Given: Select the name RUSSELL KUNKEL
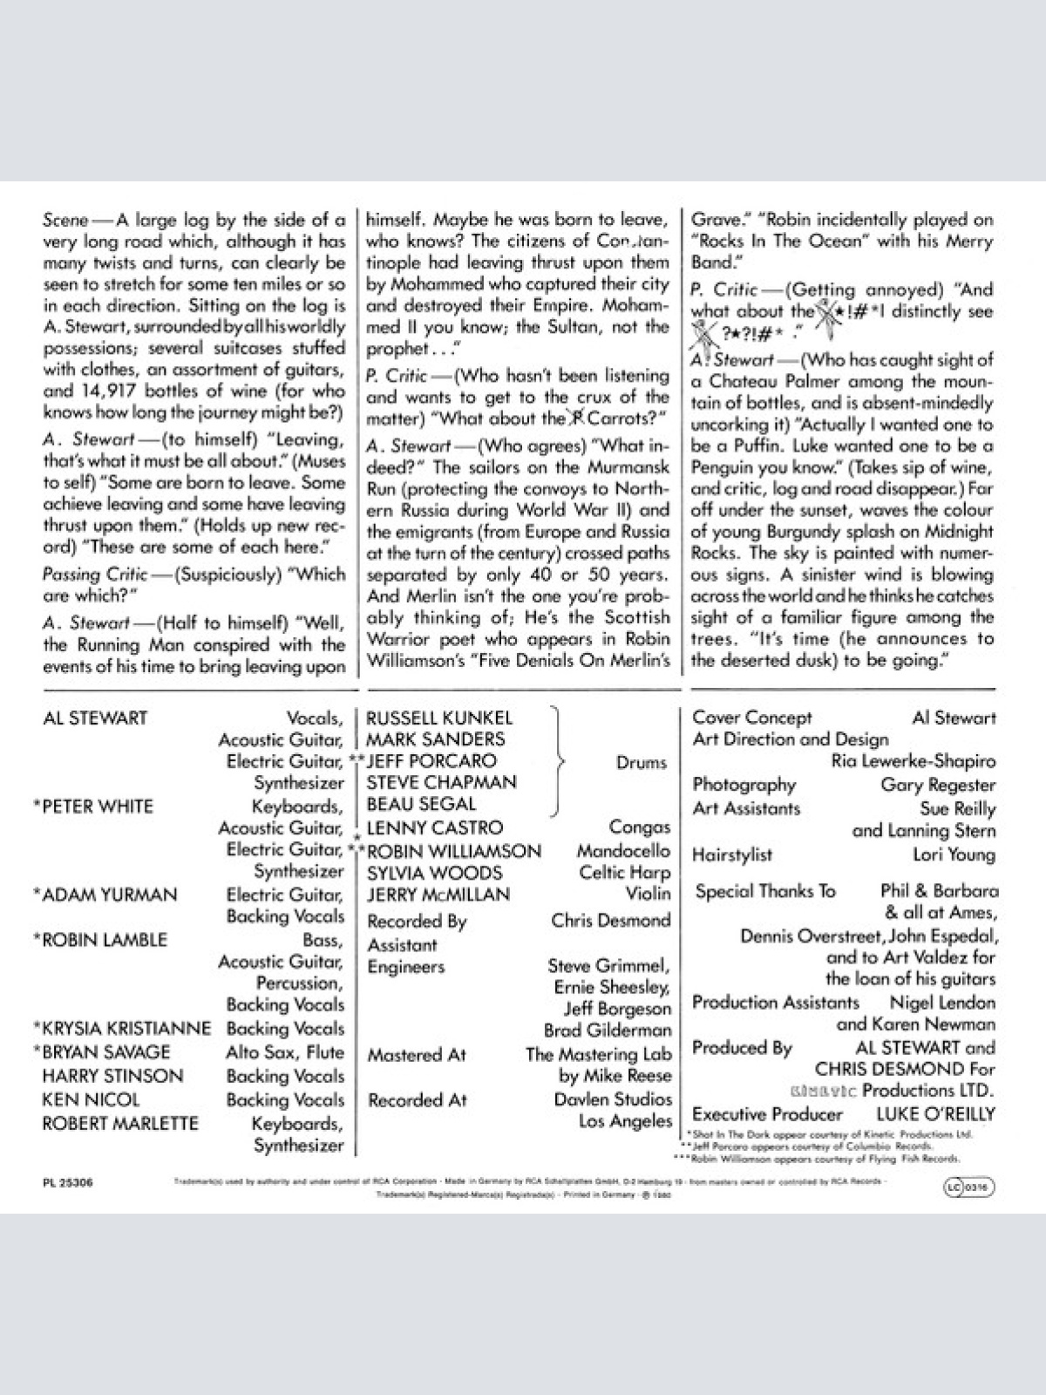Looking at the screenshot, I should pyautogui.click(x=439, y=718).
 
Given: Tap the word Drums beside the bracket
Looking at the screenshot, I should pyautogui.click(x=642, y=763).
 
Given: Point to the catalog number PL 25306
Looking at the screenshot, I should pyautogui.click(x=67, y=1183).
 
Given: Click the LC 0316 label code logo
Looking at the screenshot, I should pyautogui.click(x=968, y=1187).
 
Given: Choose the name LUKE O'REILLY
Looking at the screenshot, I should pyautogui.click(x=935, y=1114).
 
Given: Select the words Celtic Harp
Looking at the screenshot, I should pyautogui.click(x=625, y=873).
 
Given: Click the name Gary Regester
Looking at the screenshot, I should pyautogui.click(x=938, y=785).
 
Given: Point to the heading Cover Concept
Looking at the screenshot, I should pyautogui.click(x=751, y=718).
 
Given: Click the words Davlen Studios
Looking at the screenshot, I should pyautogui.click(x=613, y=1099).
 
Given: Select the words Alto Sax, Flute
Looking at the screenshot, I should pyautogui.click(x=285, y=1052).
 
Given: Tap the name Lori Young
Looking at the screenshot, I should pyautogui.click(x=954, y=854).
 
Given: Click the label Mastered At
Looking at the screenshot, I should pyautogui.click(x=417, y=1055).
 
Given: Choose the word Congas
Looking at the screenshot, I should pyautogui.click(x=640, y=827).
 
